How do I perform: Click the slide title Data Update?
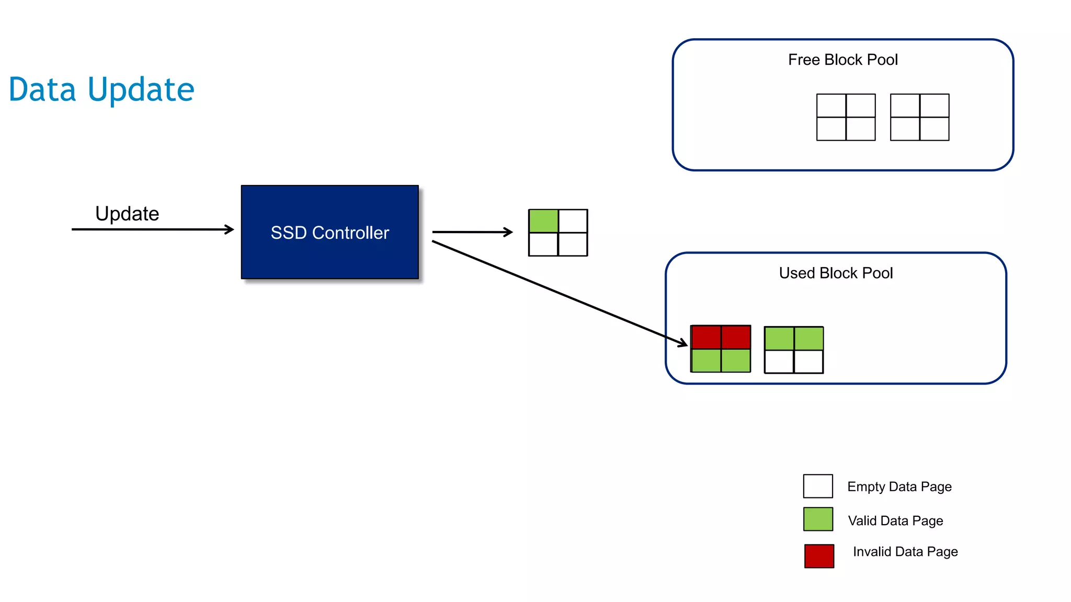coord(101,89)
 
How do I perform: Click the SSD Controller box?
coord(329,232)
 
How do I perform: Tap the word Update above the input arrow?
coord(127,214)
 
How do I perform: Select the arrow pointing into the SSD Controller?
coord(152,229)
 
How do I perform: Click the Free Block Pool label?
coord(842,60)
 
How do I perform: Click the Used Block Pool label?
coord(836,273)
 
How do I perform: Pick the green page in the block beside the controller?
coord(543,221)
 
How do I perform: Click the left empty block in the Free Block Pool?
coord(846,117)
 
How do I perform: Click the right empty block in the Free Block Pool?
coord(919,117)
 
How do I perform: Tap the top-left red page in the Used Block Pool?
coord(706,338)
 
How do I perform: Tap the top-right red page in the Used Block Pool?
coord(736,338)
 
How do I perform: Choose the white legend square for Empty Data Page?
coord(818,486)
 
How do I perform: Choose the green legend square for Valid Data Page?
coord(818,519)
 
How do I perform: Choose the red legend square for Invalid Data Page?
coord(819,556)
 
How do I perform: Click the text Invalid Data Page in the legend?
coord(905,552)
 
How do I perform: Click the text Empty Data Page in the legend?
coord(899,487)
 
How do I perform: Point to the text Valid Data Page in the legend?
coord(895,520)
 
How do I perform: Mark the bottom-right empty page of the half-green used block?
coord(808,362)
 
